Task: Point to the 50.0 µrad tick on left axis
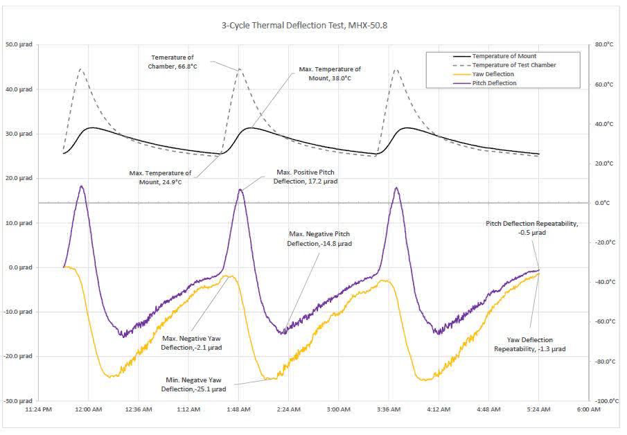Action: [x=22, y=45]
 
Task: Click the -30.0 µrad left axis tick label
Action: [x=21, y=400]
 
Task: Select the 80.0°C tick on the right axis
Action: [x=604, y=45]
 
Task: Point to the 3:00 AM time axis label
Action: [x=339, y=410]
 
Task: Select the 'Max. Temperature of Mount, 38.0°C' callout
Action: [x=329, y=73]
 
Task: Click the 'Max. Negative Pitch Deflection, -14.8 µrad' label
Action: [x=319, y=239]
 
